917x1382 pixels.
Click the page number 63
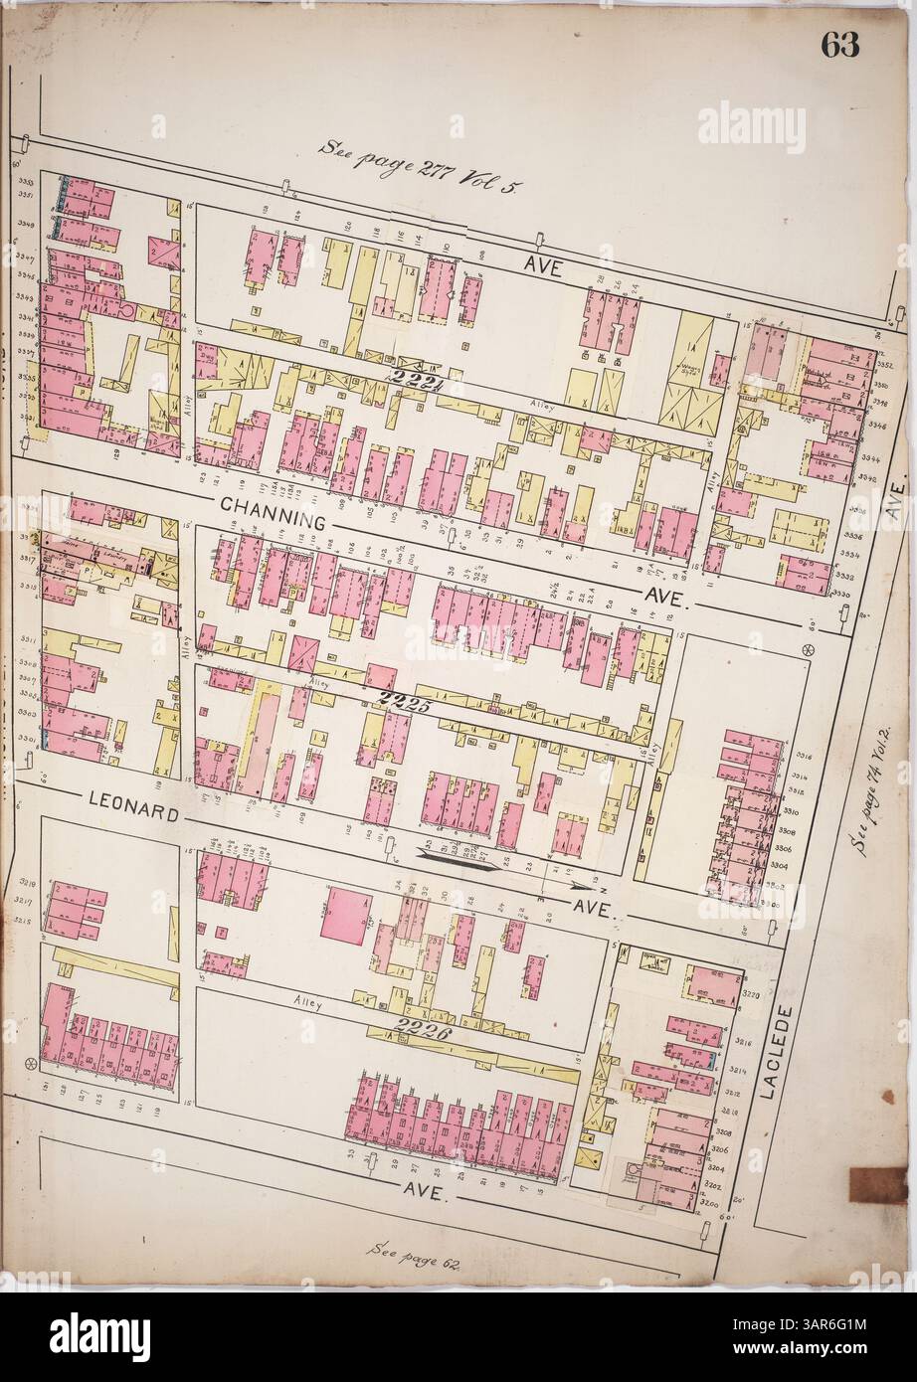[839, 46]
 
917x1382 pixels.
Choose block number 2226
[424, 1031]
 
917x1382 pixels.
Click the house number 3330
[840, 593]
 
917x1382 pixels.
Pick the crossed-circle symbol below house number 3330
[808, 650]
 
